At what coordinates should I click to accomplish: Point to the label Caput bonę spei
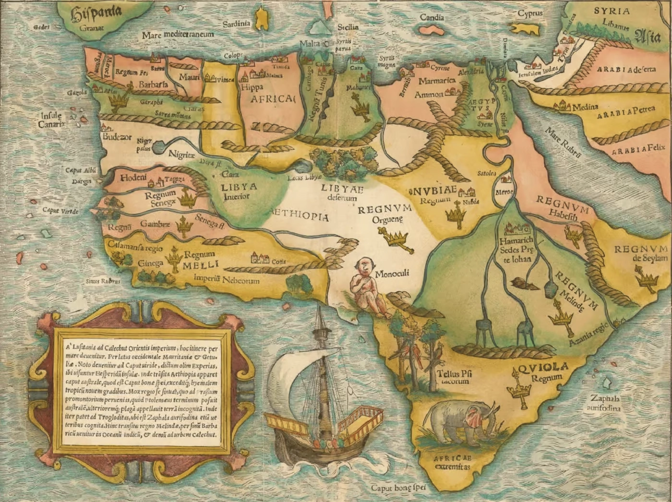(x=398, y=488)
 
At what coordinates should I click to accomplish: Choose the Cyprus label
(x=529, y=13)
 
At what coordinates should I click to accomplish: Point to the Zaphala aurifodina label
(x=605, y=404)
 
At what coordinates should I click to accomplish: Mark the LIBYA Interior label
(x=239, y=191)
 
